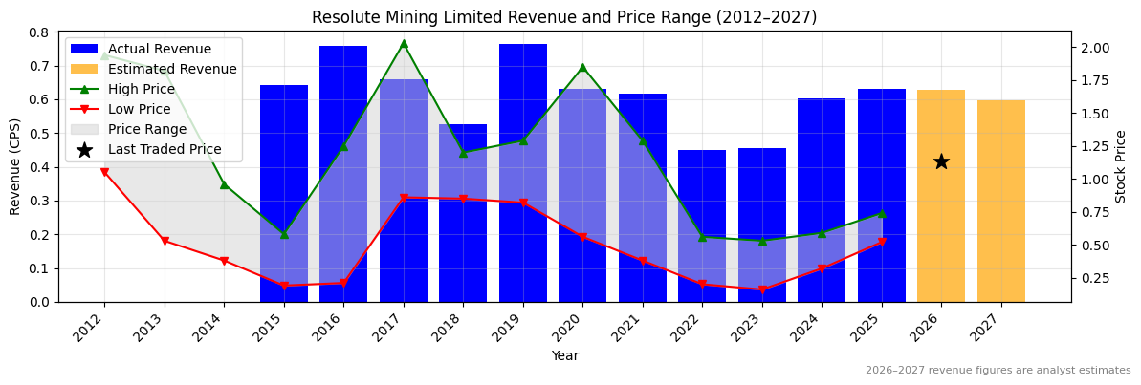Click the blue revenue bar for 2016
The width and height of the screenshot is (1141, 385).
[343, 172]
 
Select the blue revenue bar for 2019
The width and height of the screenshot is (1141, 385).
[523, 172]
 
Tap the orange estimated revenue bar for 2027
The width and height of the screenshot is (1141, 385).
[1001, 201]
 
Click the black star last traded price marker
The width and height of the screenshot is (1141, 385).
[941, 161]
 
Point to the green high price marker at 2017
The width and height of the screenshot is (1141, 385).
[404, 44]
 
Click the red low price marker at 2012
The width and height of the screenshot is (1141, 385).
[104, 172]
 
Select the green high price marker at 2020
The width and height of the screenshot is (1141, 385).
[582, 68]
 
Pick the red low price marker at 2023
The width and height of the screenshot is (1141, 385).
[762, 289]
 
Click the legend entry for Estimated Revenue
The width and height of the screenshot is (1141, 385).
[172, 70]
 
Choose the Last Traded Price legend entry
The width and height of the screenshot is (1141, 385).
[165, 150]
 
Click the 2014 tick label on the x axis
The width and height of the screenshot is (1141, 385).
[219, 330]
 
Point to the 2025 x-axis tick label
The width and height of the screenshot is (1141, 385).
[876, 330]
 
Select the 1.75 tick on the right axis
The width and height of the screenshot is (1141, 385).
[1095, 80]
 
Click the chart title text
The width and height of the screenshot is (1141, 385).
[564, 17]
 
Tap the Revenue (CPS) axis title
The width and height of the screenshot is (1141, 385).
[15, 166]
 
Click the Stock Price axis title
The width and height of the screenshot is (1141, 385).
[1121, 166]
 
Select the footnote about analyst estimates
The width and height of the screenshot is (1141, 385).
[998, 371]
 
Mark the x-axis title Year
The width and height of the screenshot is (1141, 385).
[564, 356]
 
